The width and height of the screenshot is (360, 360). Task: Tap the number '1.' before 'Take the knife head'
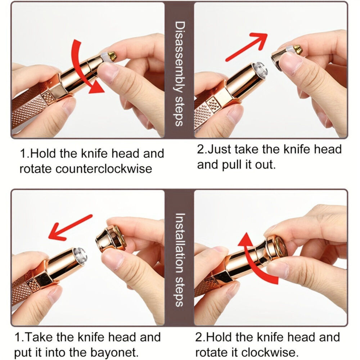20,338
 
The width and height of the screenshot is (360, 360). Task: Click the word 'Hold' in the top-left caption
42,154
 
